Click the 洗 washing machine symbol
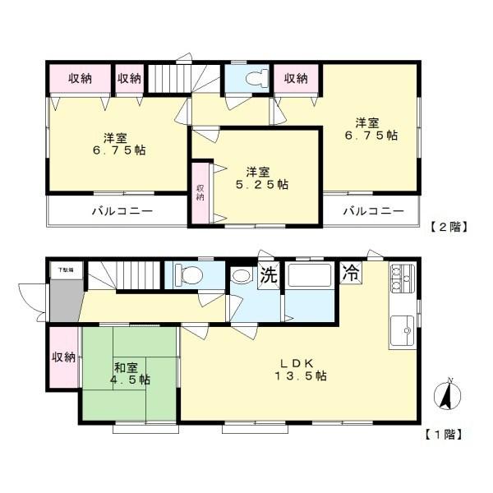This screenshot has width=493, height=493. pyautogui.click(x=269, y=276)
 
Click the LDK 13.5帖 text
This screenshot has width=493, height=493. pyautogui.click(x=301, y=369)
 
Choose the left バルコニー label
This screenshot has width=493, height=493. pyautogui.click(x=121, y=211)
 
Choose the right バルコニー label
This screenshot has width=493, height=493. pyautogui.click(x=373, y=211)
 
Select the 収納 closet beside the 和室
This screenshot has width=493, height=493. pyautogui.click(x=63, y=357)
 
